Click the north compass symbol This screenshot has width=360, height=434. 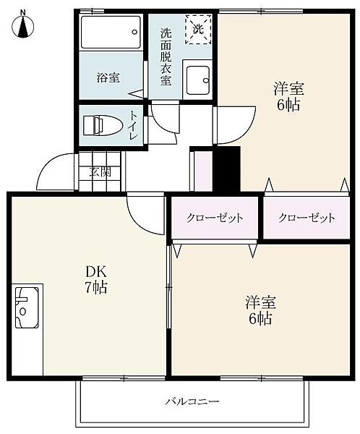pyautogui.click(x=22, y=25)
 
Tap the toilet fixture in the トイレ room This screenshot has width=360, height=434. pyautogui.click(x=103, y=125)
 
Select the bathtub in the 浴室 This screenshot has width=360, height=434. pyautogui.click(x=111, y=33)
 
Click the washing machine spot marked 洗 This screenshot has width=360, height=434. pyautogui.click(x=198, y=29)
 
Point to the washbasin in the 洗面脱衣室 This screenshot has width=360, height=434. pyautogui.click(x=197, y=80)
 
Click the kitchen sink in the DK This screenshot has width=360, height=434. pyautogui.click(x=27, y=307)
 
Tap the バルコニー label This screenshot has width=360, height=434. pyautogui.click(x=192, y=401)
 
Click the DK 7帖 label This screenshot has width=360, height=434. pyautogui.click(x=96, y=279)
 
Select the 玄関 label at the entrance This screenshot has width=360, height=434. pyautogui.click(x=100, y=172)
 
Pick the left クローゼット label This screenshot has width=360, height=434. pyautogui.click(x=215, y=218)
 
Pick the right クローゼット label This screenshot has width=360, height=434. pyautogui.click(x=307, y=218)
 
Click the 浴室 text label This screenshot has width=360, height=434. pyautogui.click(x=108, y=78)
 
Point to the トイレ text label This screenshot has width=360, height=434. pyautogui.click(x=134, y=125)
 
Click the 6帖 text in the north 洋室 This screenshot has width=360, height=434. pyautogui.click(x=288, y=105)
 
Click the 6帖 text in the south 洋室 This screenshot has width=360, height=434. pyautogui.click(x=260, y=319)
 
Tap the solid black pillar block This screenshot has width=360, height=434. pyautogui.click(x=226, y=169)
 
